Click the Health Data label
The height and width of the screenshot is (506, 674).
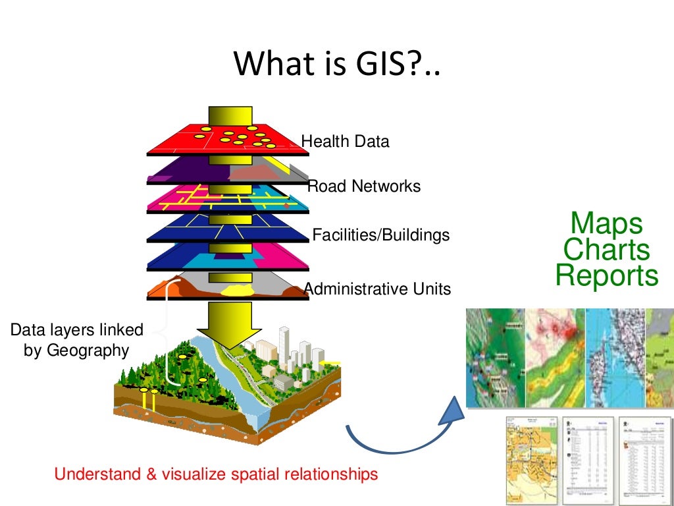click(x=345, y=141)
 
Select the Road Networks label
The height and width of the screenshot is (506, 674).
click(x=364, y=186)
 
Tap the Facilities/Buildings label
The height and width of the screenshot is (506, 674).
click(x=380, y=235)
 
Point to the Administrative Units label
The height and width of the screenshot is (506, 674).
click(x=377, y=289)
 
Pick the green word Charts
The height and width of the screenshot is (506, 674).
click(x=606, y=250)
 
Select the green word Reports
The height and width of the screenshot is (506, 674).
click(x=606, y=275)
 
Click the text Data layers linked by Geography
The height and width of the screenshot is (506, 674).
click(x=76, y=340)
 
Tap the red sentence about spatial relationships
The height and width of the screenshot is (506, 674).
click(x=216, y=474)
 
